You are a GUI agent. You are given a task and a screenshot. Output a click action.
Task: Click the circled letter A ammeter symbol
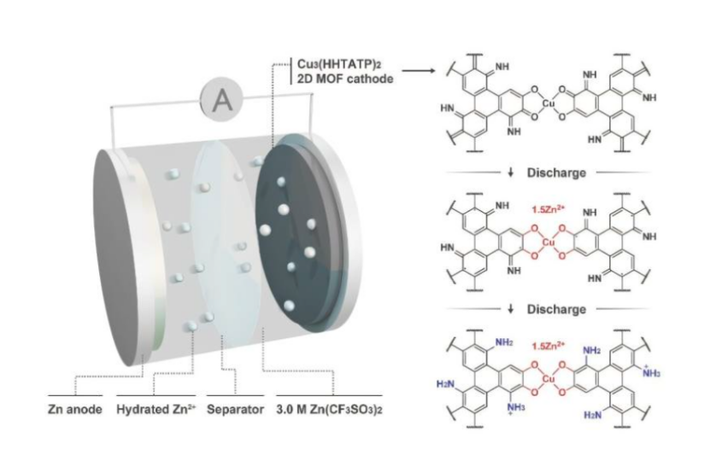tap(222, 100)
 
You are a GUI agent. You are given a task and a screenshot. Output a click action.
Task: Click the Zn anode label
tap(74, 410)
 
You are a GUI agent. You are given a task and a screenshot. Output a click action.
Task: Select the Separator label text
tap(235, 410)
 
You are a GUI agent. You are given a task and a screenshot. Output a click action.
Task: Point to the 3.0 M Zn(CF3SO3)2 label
tap(329, 410)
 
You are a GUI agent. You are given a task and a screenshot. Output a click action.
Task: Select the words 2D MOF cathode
tap(345, 79)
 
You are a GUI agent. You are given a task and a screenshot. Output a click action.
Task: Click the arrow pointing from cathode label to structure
tap(419, 71)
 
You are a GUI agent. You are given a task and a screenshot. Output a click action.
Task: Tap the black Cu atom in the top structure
tap(549, 103)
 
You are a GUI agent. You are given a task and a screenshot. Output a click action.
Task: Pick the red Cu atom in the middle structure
tap(549, 242)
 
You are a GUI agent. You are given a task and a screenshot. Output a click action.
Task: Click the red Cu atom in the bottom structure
tap(549, 379)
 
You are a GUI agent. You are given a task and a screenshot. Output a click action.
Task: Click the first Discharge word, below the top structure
tap(556, 172)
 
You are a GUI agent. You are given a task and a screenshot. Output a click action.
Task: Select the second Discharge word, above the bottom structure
tap(556, 310)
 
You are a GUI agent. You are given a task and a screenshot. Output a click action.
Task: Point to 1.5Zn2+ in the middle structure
tap(548, 209)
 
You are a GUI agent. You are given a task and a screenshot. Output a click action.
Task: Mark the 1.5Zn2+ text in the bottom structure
tap(548, 346)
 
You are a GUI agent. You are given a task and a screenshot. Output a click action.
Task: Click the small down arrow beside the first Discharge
tap(511, 172)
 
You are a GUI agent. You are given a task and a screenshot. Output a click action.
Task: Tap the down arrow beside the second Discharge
tap(511, 310)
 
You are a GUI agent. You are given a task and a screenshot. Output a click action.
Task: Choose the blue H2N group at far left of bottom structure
tap(444, 385)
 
